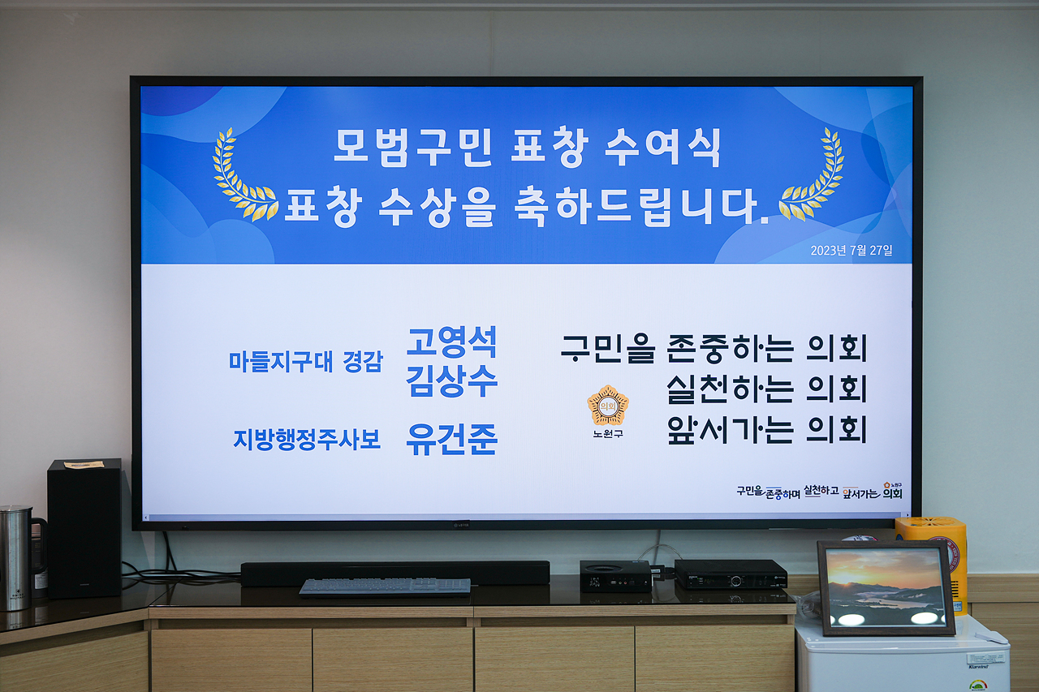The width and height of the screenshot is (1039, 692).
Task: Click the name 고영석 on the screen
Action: [451, 342]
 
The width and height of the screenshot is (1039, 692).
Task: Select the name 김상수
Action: [451, 381]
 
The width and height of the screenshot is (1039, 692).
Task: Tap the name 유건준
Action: [451, 440]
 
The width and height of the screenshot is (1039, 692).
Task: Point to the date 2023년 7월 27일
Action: [851, 251]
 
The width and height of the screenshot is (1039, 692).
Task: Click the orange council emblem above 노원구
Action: [607, 406]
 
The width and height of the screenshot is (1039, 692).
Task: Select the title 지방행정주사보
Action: [307, 440]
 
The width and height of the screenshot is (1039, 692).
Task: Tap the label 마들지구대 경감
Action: [305, 362]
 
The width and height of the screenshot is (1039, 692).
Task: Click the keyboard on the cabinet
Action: [385, 587]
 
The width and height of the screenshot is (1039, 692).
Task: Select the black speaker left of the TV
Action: [84, 527]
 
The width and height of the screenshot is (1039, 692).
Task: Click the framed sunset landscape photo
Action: [886, 588]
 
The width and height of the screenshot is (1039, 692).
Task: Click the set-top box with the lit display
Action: [731, 574]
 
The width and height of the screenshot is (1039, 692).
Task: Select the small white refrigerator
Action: [901, 657]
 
